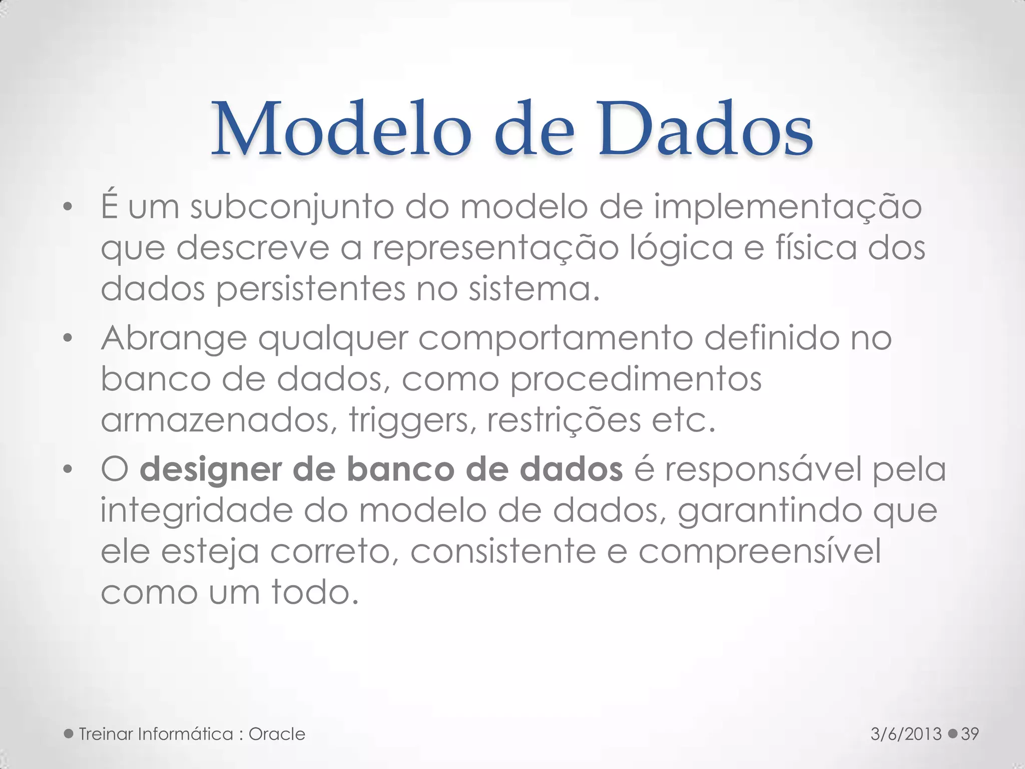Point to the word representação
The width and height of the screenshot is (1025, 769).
[495, 249]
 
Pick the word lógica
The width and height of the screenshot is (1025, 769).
[681, 249]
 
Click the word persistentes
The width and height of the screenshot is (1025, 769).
[311, 289]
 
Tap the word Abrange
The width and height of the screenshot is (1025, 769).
[174, 339]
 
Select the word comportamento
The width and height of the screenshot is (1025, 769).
[556, 339]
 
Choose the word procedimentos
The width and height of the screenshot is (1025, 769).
[636, 379]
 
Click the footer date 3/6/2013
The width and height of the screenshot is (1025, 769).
[906, 734]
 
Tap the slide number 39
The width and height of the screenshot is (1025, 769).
[970, 734]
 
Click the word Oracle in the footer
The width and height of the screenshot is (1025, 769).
[277, 734]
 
